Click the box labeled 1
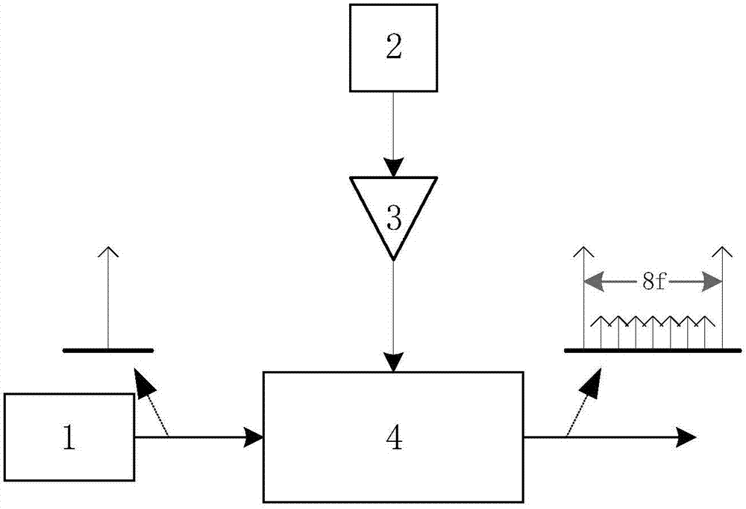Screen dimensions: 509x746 (x=69, y=438)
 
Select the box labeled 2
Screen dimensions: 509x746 (x=394, y=48)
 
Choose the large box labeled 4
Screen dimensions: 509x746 (x=393, y=437)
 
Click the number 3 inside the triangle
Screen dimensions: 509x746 (x=394, y=217)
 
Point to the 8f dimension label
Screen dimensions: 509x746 (x=653, y=281)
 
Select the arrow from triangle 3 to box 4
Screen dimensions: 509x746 (x=394, y=313)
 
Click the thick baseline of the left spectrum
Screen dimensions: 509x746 (x=108, y=349)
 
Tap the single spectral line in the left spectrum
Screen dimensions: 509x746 (x=108, y=299)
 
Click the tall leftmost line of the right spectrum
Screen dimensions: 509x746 (x=583, y=299)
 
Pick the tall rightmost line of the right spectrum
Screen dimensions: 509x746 (x=722, y=299)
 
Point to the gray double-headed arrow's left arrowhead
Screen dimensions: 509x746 (x=591, y=281)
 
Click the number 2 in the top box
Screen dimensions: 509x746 (x=394, y=48)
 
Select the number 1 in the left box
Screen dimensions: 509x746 (x=69, y=439)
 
